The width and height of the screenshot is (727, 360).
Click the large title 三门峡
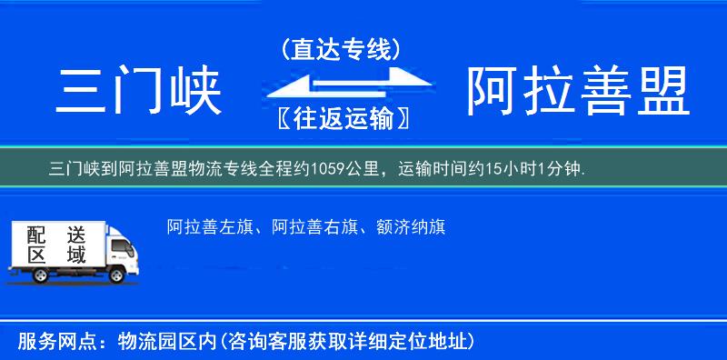(140, 91)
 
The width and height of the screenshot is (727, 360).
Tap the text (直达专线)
(340, 49)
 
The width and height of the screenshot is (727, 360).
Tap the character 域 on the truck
(75, 255)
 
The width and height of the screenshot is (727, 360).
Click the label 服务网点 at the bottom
(49, 342)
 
